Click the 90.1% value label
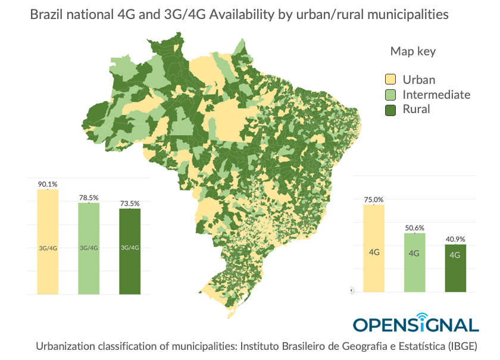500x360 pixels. pyautogui.click(x=47, y=184)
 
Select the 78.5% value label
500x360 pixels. pyautogui.click(x=89, y=198)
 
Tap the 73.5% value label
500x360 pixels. pyautogui.click(x=130, y=204)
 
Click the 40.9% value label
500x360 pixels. pyautogui.click(x=455, y=239)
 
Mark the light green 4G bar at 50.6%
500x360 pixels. pyautogui.click(x=414, y=262)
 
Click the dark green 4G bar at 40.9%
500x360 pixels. pyautogui.click(x=455, y=268)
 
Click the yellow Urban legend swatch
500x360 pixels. pyautogui.click(x=390, y=80)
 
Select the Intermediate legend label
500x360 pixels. pyautogui.click(x=436, y=95)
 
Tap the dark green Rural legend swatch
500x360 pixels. pyautogui.click(x=390, y=109)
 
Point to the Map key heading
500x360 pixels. pyautogui.click(x=412, y=51)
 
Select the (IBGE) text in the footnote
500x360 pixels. pyautogui.click(x=461, y=346)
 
